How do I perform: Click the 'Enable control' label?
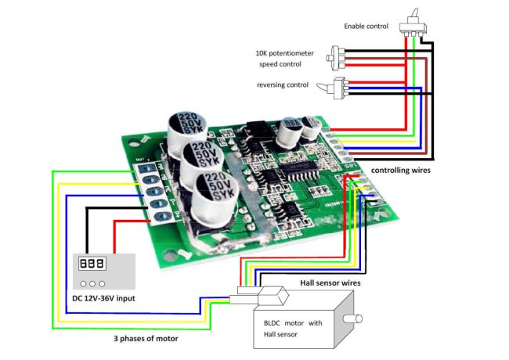pos(366,27)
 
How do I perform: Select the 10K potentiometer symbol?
pos(336,59)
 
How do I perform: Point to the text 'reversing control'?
pos(283,85)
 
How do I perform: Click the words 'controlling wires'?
pos(401,171)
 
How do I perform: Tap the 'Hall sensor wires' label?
pos(330,283)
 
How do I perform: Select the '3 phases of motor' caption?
pos(146,339)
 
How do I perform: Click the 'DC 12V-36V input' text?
pos(103,298)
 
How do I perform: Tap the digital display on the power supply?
pos(92,263)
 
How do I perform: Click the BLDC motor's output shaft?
pos(352,319)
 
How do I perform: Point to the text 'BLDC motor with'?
pos(293,323)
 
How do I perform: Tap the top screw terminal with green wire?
pos(148,168)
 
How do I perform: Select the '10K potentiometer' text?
pos(285,53)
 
